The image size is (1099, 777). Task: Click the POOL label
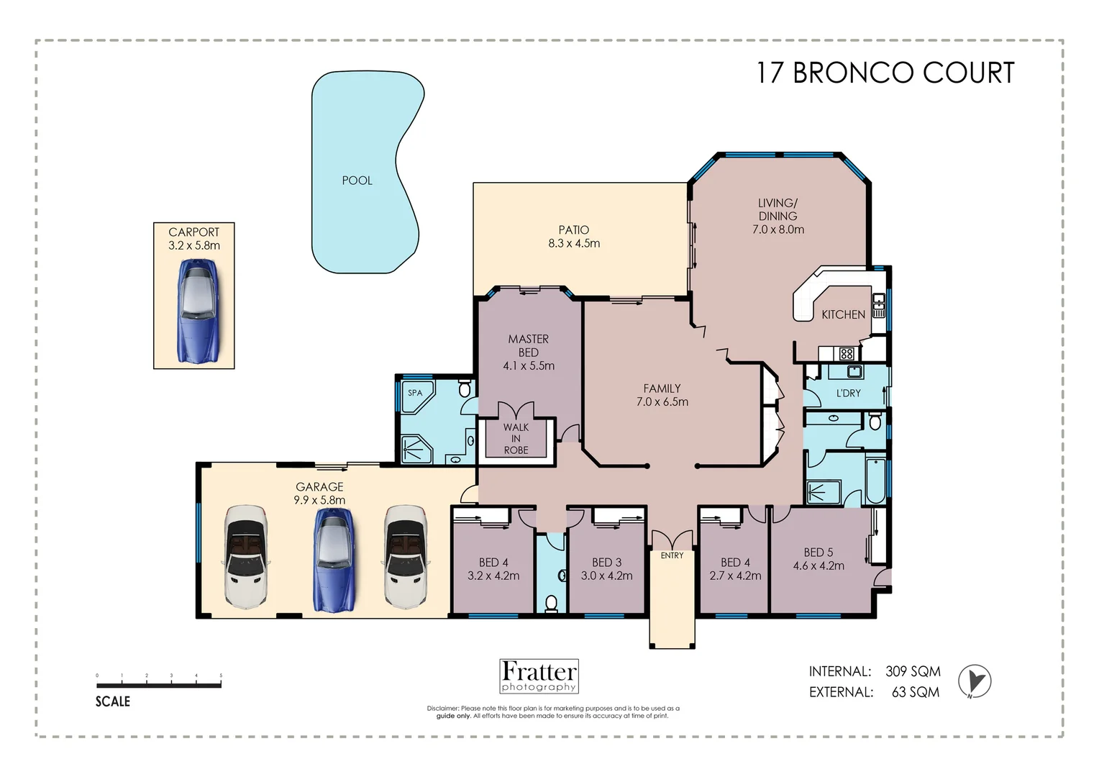(357, 181)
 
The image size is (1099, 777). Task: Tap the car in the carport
(198, 312)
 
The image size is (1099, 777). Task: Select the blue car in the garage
(334, 560)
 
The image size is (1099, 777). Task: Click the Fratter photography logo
(539, 676)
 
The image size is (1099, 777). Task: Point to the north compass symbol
(975, 681)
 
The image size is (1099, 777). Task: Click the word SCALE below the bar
(113, 701)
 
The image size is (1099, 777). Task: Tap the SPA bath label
(415, 393)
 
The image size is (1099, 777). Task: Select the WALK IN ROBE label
(516, 439)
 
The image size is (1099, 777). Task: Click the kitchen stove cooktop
(847, 353)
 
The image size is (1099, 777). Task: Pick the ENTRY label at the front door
(672, 555)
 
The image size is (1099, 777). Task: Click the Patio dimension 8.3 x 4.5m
(574, 243)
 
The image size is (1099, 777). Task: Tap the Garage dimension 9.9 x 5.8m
(319, 500)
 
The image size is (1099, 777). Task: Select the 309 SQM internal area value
(913, 671)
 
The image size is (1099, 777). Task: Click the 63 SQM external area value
(916, 692)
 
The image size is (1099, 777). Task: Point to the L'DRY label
(848, 393)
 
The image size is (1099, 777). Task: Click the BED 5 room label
(818, 553)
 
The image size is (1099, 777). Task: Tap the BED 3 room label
(606, 563)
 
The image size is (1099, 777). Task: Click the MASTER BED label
(529, 345)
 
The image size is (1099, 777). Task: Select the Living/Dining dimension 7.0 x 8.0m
(778, 230)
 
